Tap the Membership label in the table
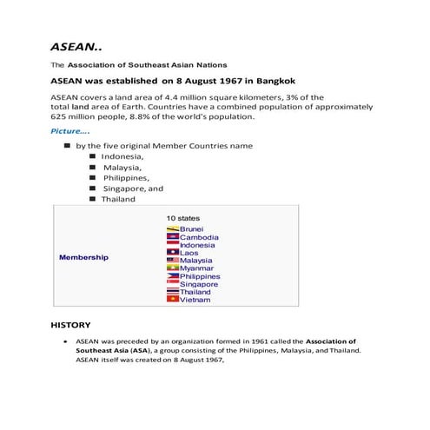(83, 258)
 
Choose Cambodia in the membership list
(199, 237)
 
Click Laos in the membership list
(189, 253)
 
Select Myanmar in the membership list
(197, 268)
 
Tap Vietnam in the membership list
(195, 300)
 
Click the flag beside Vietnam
(172, 300)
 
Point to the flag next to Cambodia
(172, 237)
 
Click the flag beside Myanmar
(172, 268)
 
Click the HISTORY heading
(71, 325)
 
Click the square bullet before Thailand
(92, 199)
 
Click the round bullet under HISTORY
(66, 342)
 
